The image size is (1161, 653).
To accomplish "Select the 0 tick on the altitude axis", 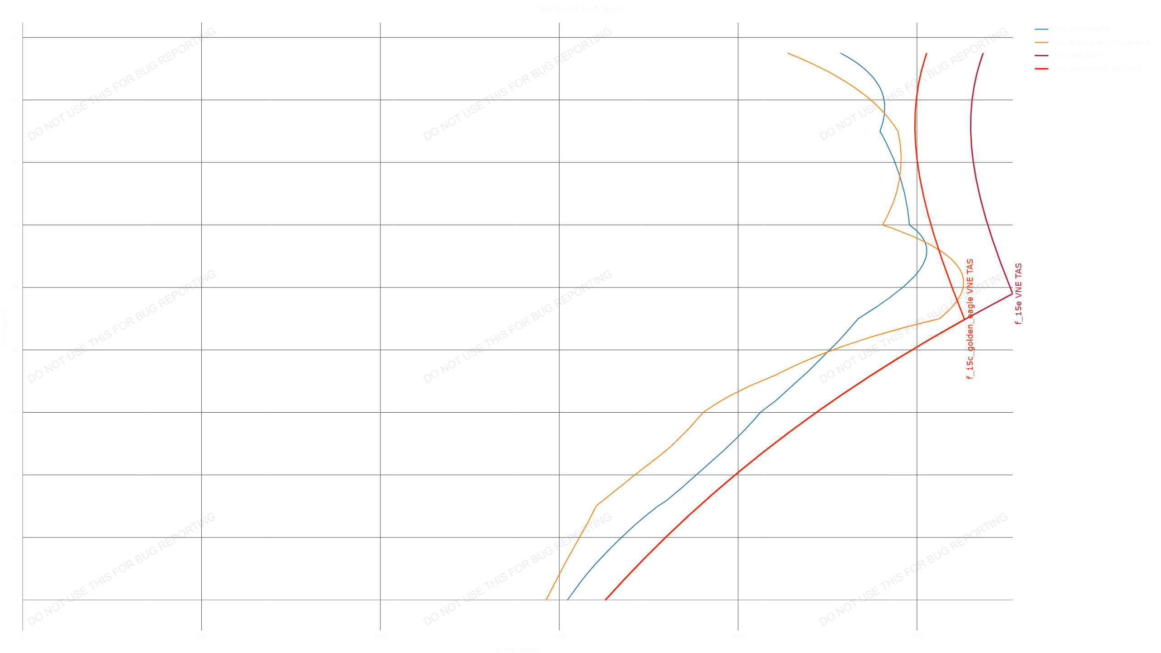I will click(19, 600).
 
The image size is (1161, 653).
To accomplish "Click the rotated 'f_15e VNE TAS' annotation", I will click(1019, 293).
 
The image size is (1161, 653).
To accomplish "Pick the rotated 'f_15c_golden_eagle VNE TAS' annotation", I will click(970, 319).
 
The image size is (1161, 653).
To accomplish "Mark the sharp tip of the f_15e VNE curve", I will click(1012, 293).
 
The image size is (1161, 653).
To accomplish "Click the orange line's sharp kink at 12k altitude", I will click(883, 225).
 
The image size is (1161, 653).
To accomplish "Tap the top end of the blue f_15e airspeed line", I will click(840, 53).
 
